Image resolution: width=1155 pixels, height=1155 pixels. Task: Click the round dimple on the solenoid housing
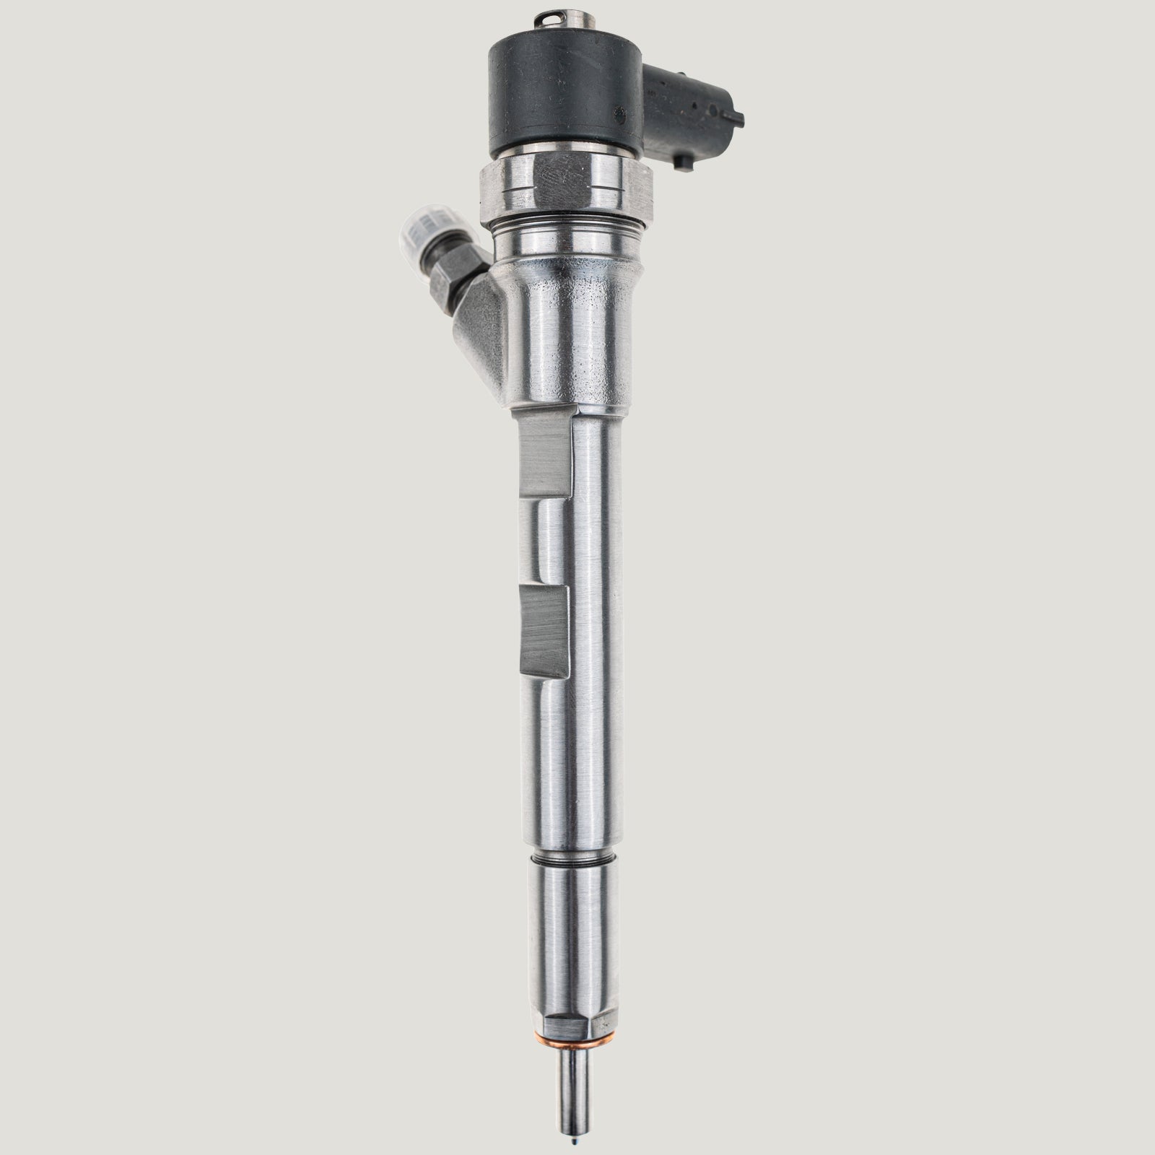[x=619, y=115]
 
